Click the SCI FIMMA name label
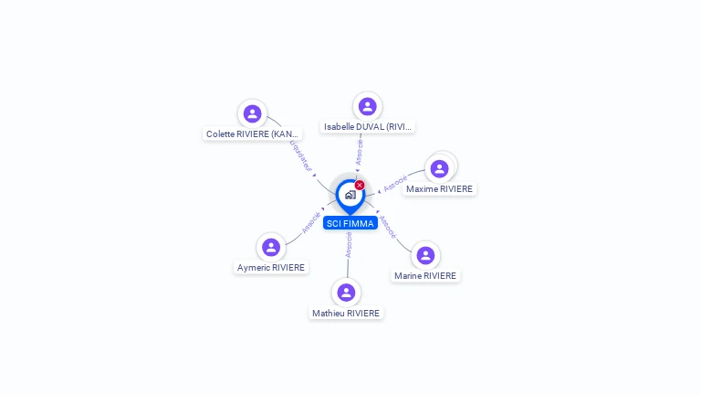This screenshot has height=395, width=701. click(350, 223)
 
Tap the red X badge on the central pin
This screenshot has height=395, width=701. click(360, 186)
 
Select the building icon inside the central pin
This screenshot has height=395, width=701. click(350, 194)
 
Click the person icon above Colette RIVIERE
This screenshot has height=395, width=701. click(252, 113)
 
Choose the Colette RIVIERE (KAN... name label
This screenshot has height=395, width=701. click(253, 133)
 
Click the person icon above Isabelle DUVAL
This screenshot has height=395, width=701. click(367, 106)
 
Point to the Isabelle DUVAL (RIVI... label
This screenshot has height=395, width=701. click(368, 127)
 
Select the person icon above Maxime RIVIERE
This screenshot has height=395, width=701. click(439, 168)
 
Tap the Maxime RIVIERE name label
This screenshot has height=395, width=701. click(439, 189)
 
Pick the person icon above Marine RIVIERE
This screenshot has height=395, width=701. click(425, 255)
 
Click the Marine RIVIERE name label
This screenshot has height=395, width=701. click(425, 275)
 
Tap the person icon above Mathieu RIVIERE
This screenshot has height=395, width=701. click(346, 293)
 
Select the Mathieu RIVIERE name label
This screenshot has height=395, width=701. click(346, 313)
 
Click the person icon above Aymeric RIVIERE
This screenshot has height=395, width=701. click(271, 247)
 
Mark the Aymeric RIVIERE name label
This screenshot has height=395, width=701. click(271, 268)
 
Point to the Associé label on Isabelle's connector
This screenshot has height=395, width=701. click(360, 152)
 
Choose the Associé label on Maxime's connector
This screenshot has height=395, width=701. click(395, 183)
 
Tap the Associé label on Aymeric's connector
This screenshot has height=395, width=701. click(312, 222)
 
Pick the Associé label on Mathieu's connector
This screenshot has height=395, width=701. click(349, 243)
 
